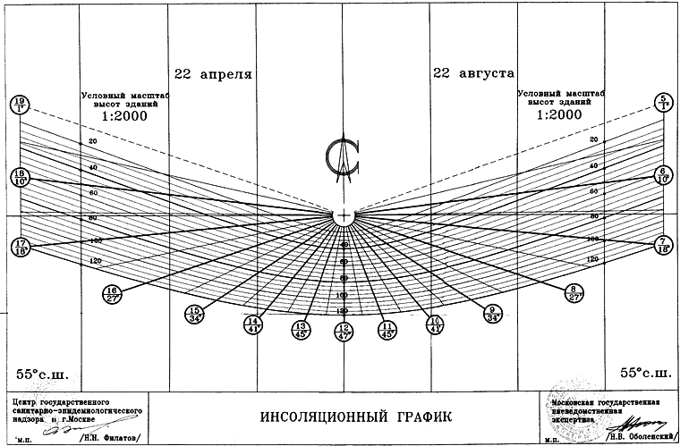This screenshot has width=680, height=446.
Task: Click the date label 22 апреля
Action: pyautogui.click(x=213, y=73)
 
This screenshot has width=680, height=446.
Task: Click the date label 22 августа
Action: pyautogui.click(x=473, y=73)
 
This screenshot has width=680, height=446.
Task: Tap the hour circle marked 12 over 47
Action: pyautogui.click(x=343, y=332)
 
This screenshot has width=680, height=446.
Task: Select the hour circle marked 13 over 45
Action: pyautogui.click(x=300, y=330)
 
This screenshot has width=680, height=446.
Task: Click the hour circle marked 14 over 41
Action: pyautogui.click(x=253, y=324)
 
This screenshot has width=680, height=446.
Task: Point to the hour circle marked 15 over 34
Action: pyautogui.click(x=194, y=313)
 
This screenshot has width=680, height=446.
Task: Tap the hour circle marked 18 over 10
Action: pyautogui.click(x=19, y=175)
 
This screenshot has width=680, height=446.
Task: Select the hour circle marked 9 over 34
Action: pyautogui.click(x=492, y=313)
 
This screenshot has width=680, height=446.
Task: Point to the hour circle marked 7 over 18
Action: pyautogui.click(x=663, y=245)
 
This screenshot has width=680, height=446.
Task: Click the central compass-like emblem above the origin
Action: pyautogui.click(x=343, y=161)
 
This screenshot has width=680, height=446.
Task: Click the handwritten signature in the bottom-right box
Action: pyautogui.click(x=640, y=421)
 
